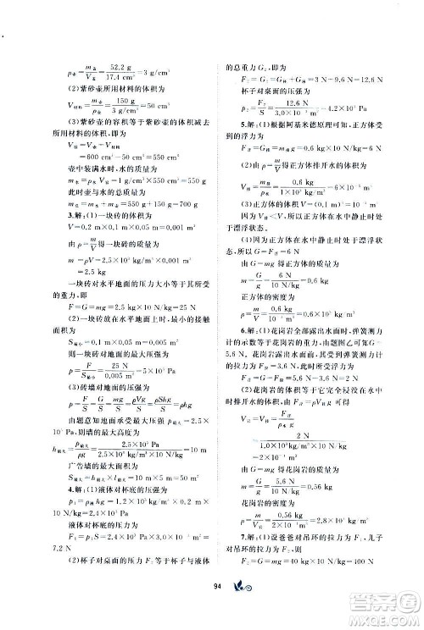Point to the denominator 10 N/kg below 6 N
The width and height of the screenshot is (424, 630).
pos(281,301)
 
